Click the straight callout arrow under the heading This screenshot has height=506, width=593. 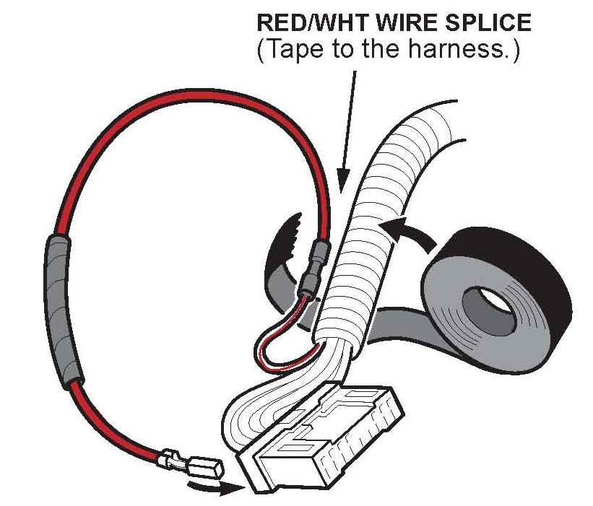pos(348,130)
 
